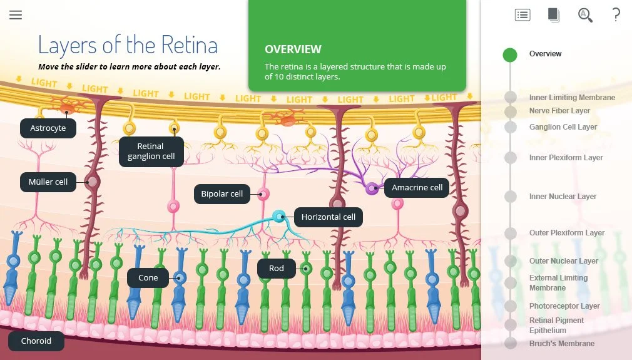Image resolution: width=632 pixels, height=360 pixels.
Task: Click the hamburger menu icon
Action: [16, 15]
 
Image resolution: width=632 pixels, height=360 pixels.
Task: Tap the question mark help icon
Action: [616, 15]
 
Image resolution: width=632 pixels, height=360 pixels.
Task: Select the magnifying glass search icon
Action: [585, 15]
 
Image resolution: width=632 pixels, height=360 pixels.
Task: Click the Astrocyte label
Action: [48, 128]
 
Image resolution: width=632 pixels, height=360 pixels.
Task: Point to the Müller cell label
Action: [48, 182]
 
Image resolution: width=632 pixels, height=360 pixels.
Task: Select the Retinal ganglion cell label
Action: [151, 152]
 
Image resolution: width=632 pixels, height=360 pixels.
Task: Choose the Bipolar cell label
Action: [222, 194]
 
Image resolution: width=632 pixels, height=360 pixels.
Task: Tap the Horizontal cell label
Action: [328, 217]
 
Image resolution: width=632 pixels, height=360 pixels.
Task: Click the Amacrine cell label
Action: [417, 188]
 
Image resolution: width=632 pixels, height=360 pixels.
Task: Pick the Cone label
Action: [148, 278]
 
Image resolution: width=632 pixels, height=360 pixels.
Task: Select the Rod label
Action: [276, 269]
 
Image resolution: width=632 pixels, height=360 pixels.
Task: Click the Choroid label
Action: [36, 341]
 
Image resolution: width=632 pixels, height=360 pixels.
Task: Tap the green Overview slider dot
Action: [510, 54]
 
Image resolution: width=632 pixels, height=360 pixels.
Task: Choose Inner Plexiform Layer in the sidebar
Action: [566, 158]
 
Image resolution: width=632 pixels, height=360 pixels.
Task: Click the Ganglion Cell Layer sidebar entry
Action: [563, 127]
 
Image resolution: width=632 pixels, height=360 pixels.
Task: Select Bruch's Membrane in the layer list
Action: [561, 344]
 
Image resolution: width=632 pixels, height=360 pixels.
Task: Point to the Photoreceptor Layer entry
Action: [564, 306]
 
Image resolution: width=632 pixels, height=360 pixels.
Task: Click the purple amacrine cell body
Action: [372, 187]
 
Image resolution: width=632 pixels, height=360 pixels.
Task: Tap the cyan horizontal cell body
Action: [278, 217]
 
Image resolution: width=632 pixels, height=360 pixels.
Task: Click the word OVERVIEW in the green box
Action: [293, 49]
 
